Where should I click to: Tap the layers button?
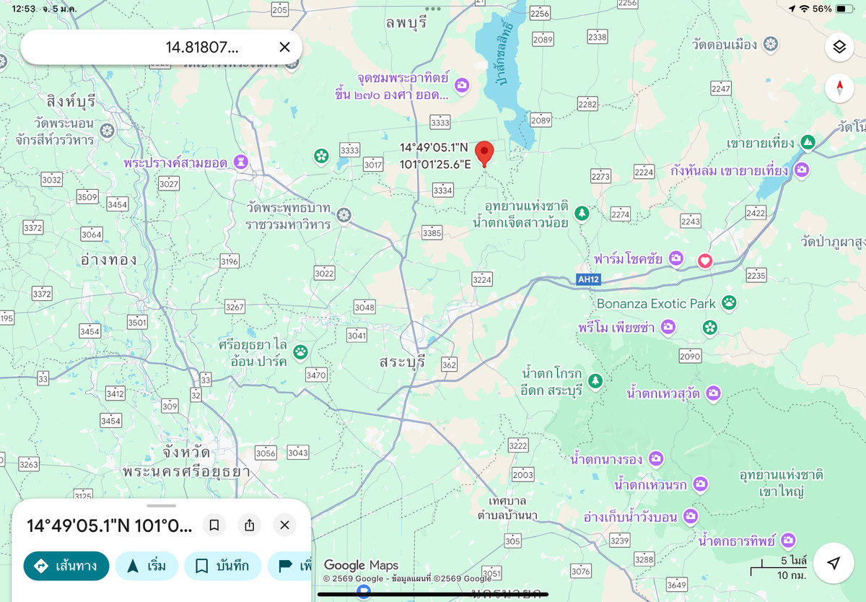[x=839, y=47]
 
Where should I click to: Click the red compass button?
[x=839, y=88]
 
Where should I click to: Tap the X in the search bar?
[x=284, y=47]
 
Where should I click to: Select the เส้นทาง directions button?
[x=66, y=566]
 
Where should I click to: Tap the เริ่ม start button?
[x=146, y=566]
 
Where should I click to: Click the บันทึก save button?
[x=222, y=566]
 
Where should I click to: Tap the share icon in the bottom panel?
[x=250, y=525]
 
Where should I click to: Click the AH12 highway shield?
[x=589, y=279]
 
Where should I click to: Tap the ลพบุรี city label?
[x=406, y=22]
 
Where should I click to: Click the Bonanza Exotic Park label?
[x=656, y=304]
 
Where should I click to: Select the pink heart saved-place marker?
[x=705, y=261]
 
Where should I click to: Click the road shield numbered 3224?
[x=481, y=279]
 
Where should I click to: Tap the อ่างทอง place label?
[x=109, y=259]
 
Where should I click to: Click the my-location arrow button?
[x=834, y=563]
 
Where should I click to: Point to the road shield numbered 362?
[x=449, y=365]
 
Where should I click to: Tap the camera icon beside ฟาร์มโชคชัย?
[x=675, y=258]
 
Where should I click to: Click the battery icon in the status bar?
[x=844, y=9]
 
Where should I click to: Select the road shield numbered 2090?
[x=690, y=355]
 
